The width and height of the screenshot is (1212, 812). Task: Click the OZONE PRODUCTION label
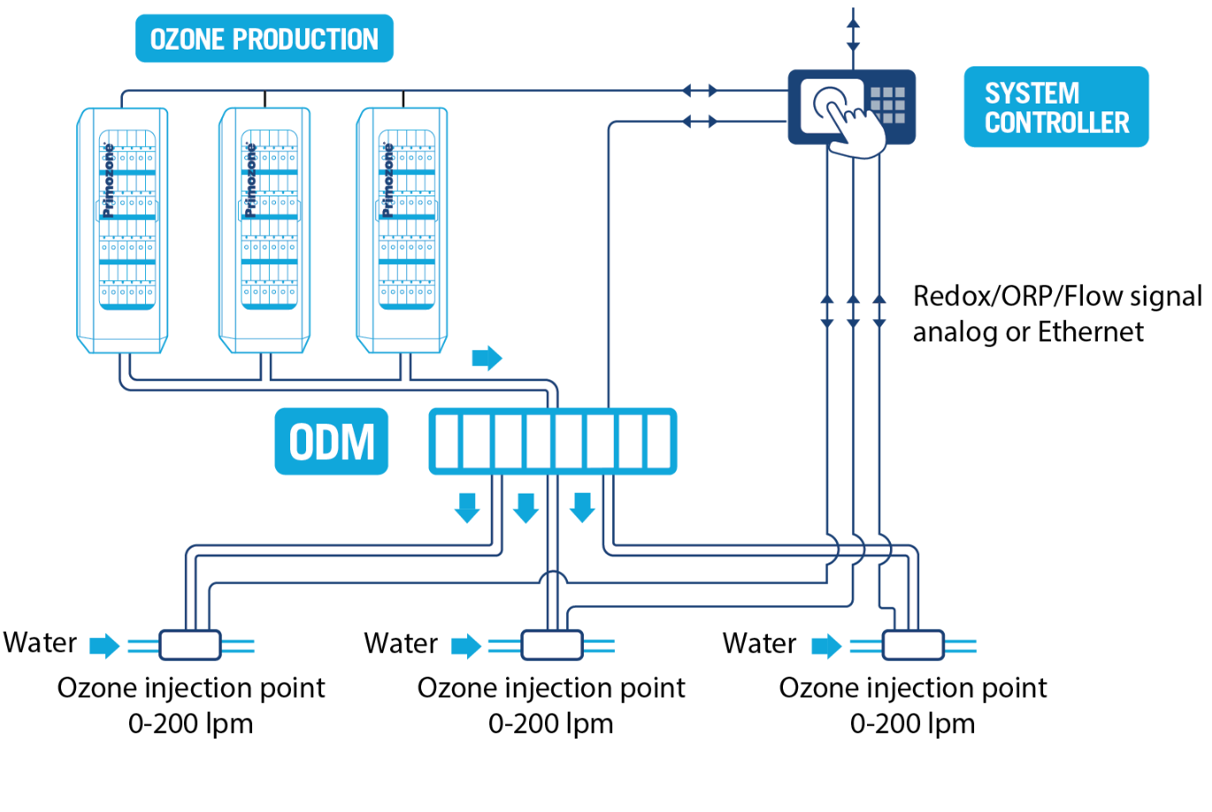coord(264,39)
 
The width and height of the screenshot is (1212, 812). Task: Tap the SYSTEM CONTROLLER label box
coord(1055,107)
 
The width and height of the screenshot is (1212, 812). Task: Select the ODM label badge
coord(331,441)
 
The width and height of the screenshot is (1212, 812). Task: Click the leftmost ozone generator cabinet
coord(123,230)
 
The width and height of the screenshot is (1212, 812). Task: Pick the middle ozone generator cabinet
coord(265,230)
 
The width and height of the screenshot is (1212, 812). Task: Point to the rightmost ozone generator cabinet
coord(403,230)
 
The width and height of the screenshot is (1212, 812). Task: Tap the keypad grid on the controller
coord(887,105)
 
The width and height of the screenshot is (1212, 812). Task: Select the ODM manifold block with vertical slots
coord(552,441)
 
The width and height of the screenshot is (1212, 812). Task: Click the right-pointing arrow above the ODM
coord(487,357)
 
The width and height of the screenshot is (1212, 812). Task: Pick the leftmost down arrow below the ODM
coord(467,508)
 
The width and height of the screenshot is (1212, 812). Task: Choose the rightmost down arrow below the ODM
coord(582,508)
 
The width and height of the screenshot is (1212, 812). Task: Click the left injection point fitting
coord(189,645)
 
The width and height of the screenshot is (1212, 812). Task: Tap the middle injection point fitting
coord(552,645)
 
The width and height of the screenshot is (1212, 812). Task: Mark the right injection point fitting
coord(913,645)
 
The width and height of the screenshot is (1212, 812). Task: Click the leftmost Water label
coord(40,643)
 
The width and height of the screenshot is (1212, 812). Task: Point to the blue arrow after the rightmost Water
coord(826,646)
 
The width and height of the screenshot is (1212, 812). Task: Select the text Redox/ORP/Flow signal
coord(1056,295)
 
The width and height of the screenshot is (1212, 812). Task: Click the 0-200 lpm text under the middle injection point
coord(550,724)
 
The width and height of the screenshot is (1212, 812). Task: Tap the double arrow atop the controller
coord(853,32)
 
